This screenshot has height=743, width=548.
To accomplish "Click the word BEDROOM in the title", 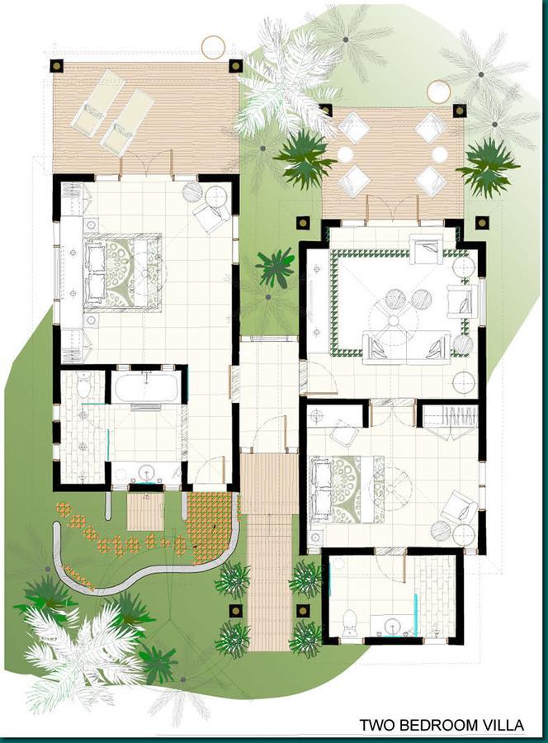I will point(434,726).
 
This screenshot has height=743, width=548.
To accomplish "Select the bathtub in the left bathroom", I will point(145,387).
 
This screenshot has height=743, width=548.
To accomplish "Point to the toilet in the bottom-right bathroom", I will point(349,621).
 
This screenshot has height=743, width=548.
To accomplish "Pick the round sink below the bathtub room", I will point(147,473).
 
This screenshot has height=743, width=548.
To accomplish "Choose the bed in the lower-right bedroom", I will point(347,489).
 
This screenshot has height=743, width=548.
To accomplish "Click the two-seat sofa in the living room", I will point(406,345).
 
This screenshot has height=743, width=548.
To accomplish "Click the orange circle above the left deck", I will point(213,47).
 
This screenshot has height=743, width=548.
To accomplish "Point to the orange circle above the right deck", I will point(438,92).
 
